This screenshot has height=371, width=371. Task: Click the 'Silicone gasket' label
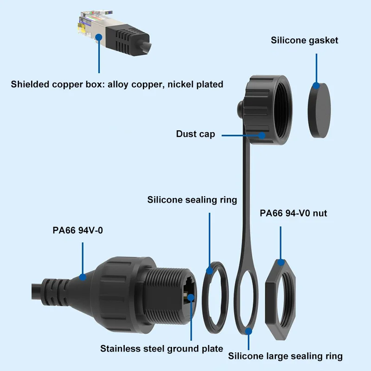point(304,40)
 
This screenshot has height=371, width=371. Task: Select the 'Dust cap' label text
point(195,134)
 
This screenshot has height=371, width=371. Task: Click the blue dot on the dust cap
point(262,135)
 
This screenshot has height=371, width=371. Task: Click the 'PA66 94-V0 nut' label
point(294,213)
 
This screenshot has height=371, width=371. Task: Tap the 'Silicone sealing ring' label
point(192,200)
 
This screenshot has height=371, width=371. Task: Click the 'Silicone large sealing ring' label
point(285,356)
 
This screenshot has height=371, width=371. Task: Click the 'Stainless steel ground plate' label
point(161,349)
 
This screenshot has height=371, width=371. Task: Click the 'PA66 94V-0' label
point(77,229)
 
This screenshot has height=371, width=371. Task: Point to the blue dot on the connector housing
point(83,277)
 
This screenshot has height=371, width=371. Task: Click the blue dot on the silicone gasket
point(316,86)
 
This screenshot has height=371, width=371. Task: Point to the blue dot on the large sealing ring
point(249,331)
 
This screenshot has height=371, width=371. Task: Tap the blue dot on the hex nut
point(280,262)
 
